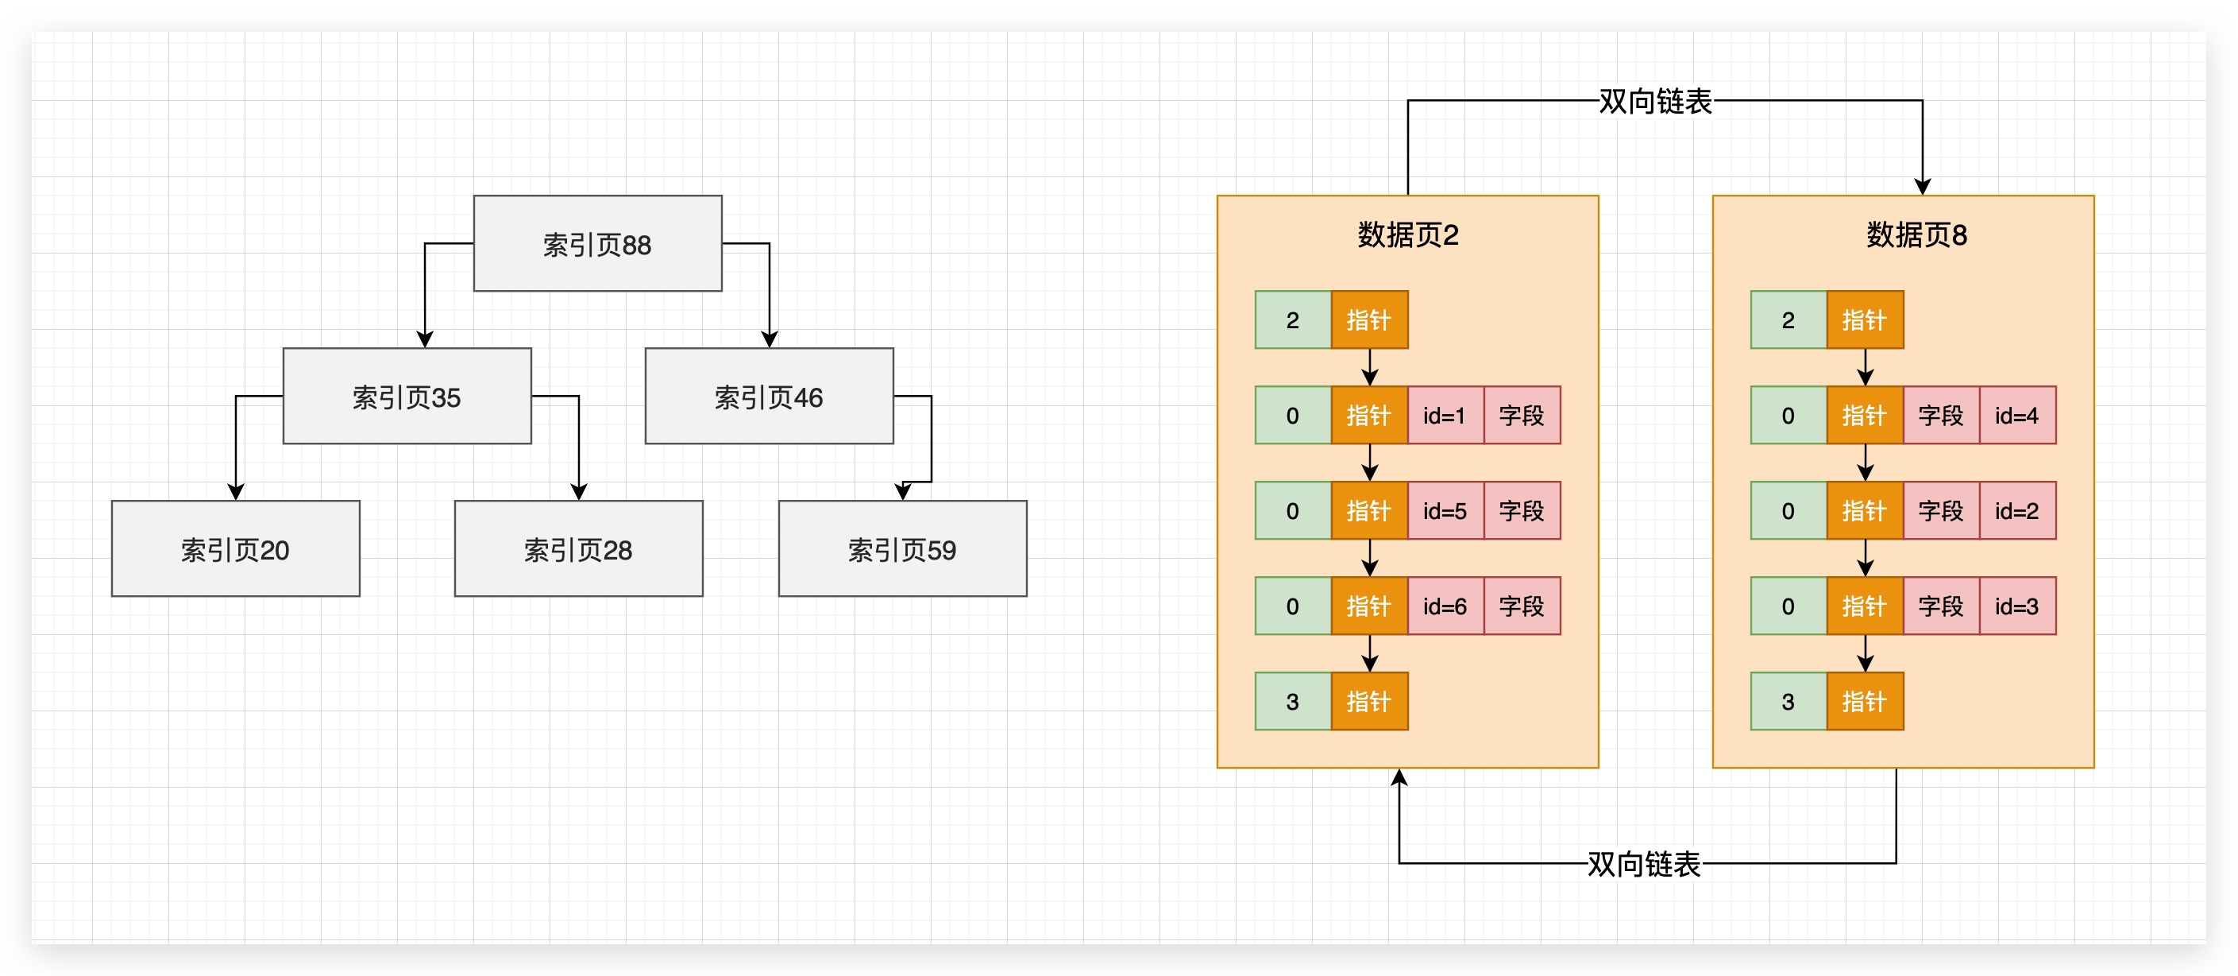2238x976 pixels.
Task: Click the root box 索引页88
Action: tap(597, 243)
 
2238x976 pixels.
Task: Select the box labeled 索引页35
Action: tap(407, 397)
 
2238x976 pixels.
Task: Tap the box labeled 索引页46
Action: tap(768, 397)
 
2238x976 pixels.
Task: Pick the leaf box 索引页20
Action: tap(234, 548)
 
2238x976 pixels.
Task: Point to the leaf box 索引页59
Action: tap(902, 548)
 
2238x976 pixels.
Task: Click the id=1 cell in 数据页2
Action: tap(1444, 416)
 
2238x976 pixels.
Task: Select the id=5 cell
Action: tap(1444, 511)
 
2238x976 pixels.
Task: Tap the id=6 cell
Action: tap(1444, 606)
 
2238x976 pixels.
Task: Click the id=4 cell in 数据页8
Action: tap(2016, 416)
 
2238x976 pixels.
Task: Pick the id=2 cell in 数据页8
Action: tap(2016, 511)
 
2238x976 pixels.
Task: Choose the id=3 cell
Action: tap(2016, 606)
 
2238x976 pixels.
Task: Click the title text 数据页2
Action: tap(1407, 234)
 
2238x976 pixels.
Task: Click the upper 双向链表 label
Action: tap(1655, 102)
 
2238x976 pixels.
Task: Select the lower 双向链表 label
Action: tap(1643, 864)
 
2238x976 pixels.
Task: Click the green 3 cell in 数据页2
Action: tap(1293, 701)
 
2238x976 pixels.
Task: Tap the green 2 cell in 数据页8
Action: tap(1788, 320)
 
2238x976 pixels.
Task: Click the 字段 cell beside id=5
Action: tap(1521, 511)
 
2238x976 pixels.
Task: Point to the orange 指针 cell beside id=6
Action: tap(1368, 606)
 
